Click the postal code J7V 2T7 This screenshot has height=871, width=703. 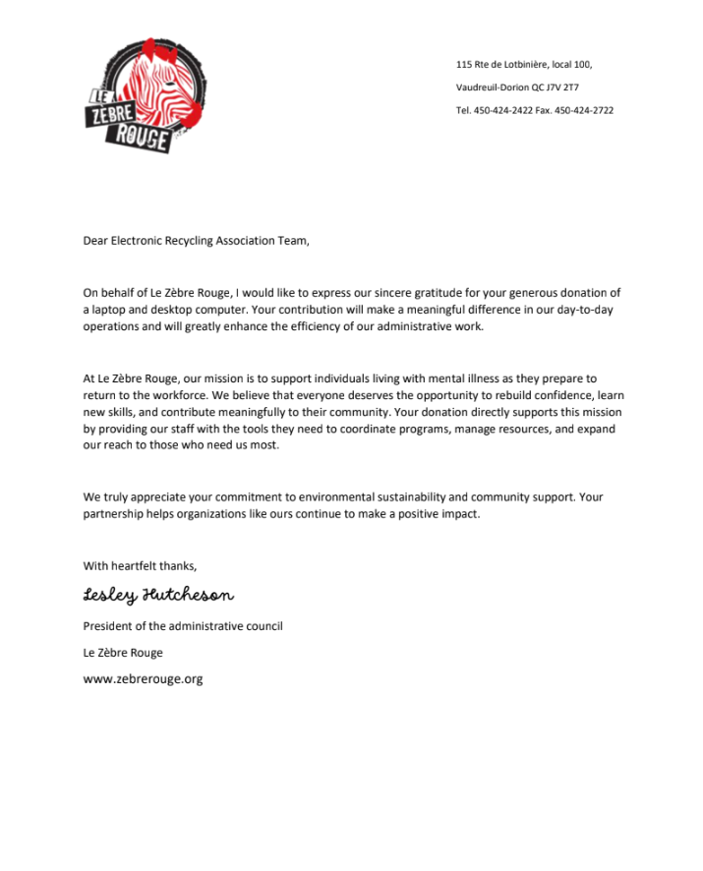click(562, 87)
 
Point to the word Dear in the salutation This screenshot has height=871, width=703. click(95, 240)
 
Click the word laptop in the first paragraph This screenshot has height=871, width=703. click(109, 310)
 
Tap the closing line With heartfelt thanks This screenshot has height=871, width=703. click(140, 565)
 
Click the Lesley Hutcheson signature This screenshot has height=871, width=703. click(158, 596)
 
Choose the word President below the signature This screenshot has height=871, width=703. click(108, 626)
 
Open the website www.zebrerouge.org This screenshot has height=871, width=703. click(143, 678)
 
